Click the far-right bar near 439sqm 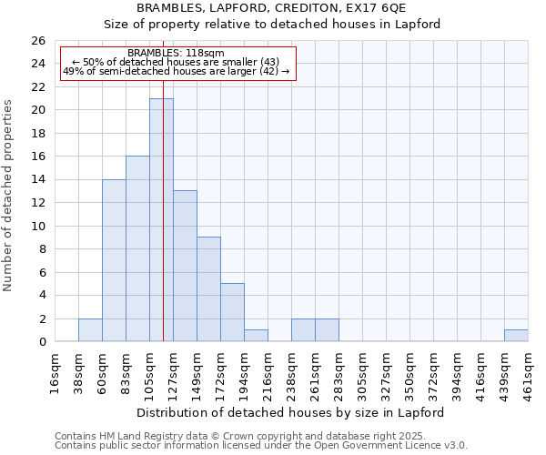516,336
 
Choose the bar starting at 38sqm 90,330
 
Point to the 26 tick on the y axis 37,41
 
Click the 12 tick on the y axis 37,203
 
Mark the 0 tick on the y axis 41,342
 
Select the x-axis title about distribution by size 290,412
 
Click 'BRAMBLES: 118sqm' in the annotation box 177,54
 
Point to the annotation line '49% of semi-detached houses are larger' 177,71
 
